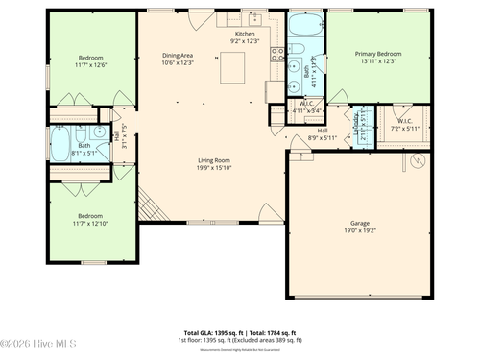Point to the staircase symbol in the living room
(x=149, y=204)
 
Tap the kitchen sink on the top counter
(x=255, y=18)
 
